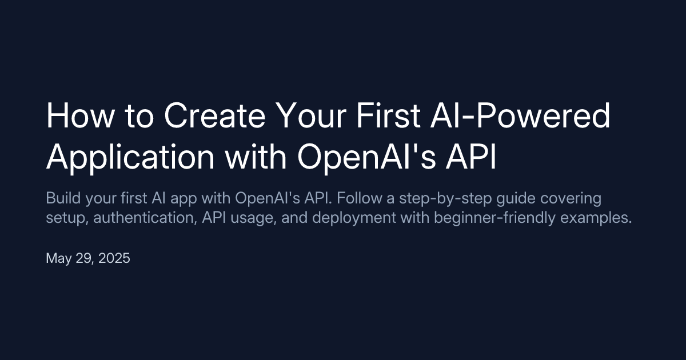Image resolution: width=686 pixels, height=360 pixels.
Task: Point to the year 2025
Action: tap(114, 258)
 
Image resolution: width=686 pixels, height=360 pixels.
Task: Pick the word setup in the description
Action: tap(64, 219)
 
